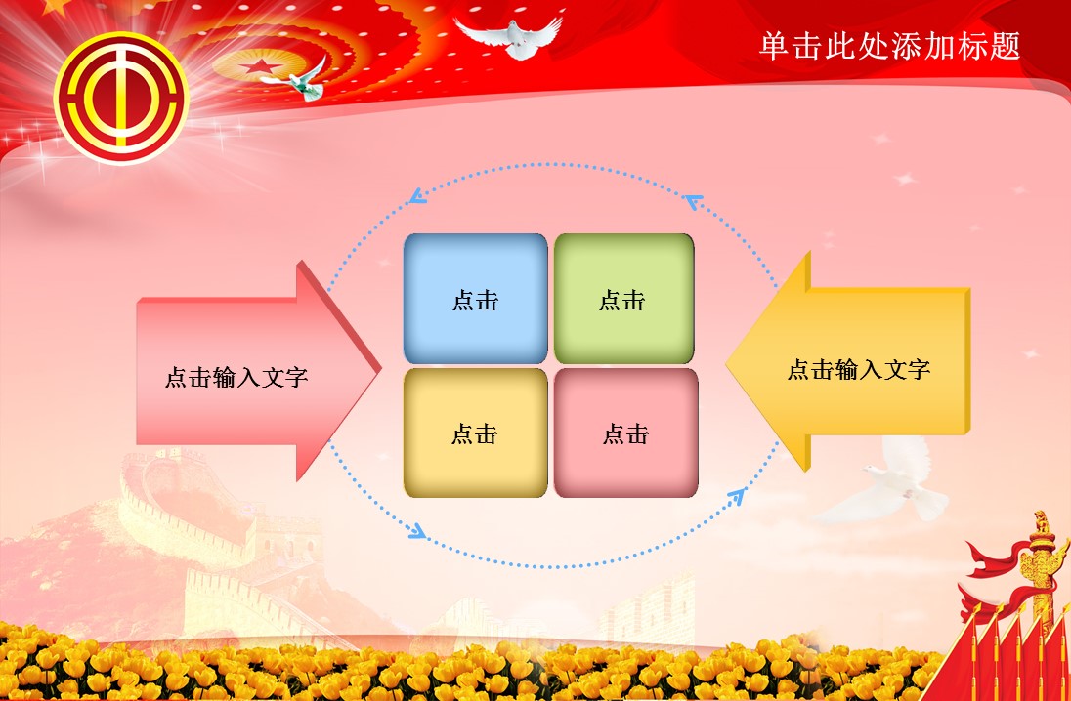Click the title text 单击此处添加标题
pos(889,46)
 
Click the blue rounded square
pos(476,298)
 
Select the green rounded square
pos(623,298)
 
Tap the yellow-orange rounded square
pos(475,433)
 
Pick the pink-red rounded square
pos(625,433)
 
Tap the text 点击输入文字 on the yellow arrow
pos(859,369)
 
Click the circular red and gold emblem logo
pos(121,98)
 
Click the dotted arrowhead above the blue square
pos(418,196)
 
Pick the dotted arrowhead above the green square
pos(695,202)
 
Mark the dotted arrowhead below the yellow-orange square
pos(417,532)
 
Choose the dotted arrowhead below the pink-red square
pos(736,495)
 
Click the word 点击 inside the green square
pos(622,300)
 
